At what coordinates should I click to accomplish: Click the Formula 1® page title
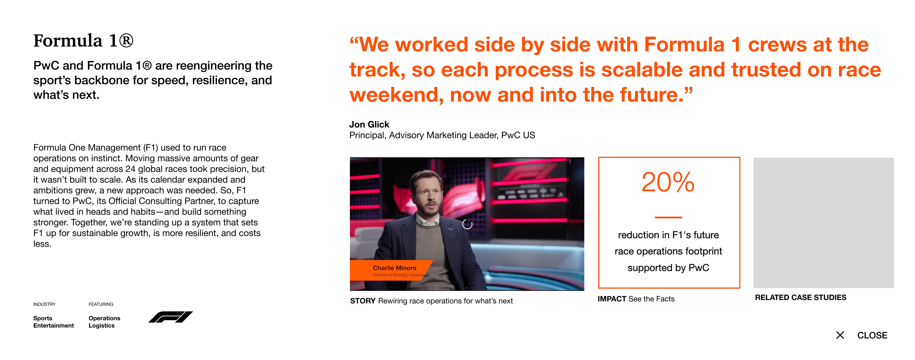83,41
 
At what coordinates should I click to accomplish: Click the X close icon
840,335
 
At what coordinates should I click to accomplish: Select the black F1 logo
171,317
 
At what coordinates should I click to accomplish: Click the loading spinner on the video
467,224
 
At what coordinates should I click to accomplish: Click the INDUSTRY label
44,304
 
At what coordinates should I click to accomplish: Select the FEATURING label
101,304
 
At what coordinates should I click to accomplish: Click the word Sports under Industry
43,318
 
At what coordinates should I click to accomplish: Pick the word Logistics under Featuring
101,325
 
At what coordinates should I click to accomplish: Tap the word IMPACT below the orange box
612,299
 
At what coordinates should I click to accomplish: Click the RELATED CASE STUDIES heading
801,298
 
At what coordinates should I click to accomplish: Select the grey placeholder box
823,223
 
